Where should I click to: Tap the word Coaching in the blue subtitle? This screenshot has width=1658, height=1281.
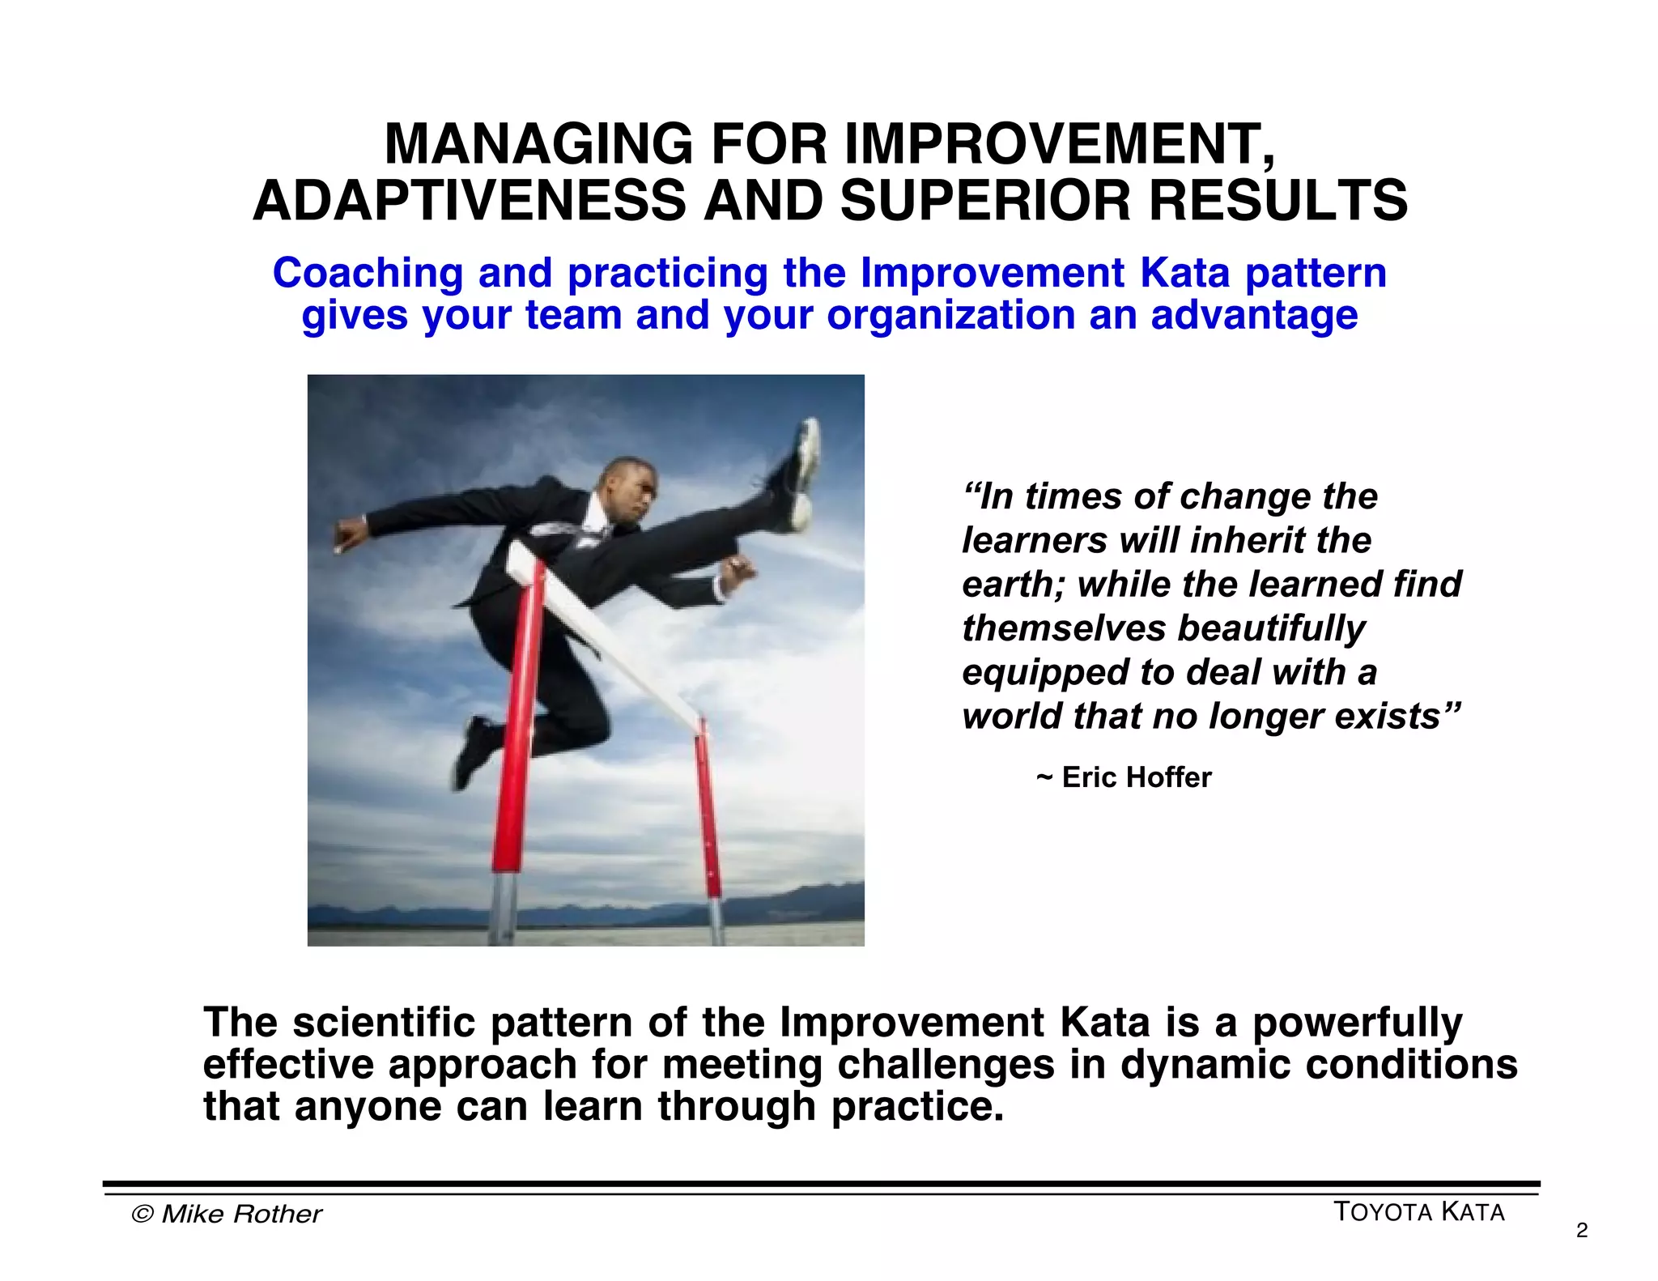click(x=367, y=273)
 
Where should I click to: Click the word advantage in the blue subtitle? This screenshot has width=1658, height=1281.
click(x=1254, y=315)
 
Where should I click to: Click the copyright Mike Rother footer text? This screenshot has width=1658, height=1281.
click(x=227, y=1214)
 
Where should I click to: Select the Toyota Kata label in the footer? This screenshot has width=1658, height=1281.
click(x=1418, y=1212)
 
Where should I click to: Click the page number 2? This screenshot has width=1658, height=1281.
click(x=1582, y=1231)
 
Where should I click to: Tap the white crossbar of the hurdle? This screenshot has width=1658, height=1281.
click(x=615, y=640)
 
